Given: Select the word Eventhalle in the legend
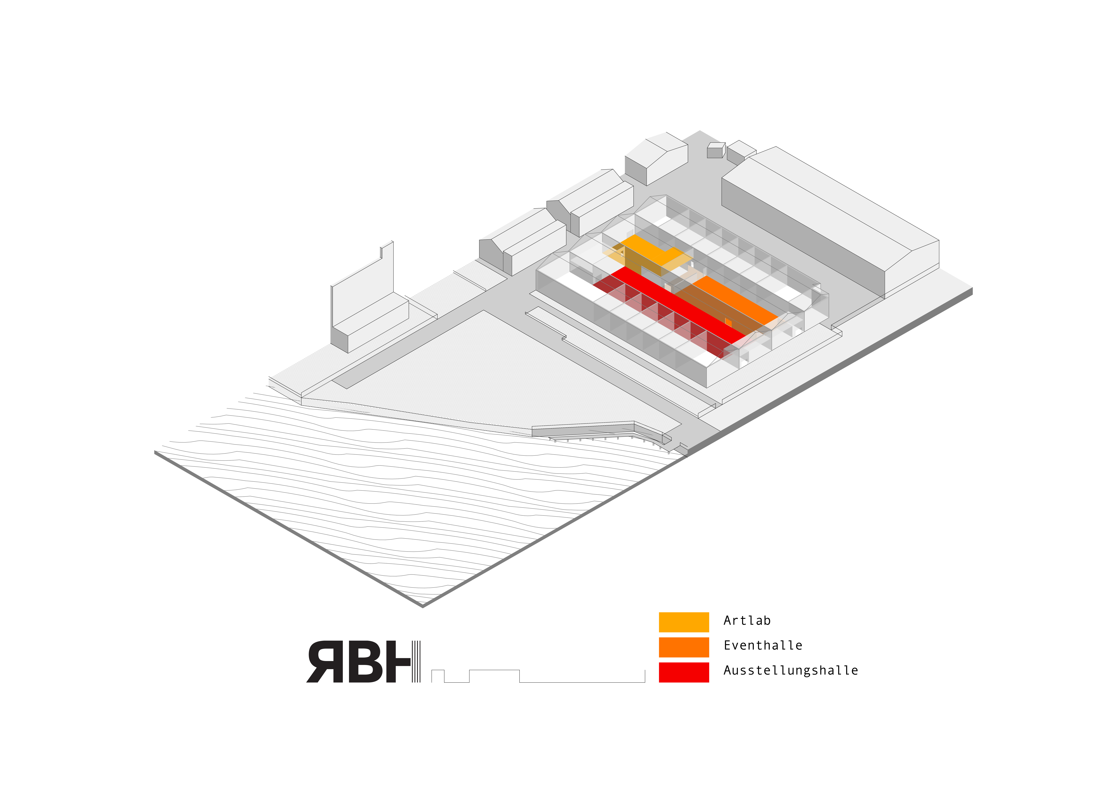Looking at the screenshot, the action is click(762, 645).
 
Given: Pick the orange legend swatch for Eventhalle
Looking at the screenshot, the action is click(684, 647).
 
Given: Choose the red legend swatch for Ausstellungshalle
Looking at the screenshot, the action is click(684, 672).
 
